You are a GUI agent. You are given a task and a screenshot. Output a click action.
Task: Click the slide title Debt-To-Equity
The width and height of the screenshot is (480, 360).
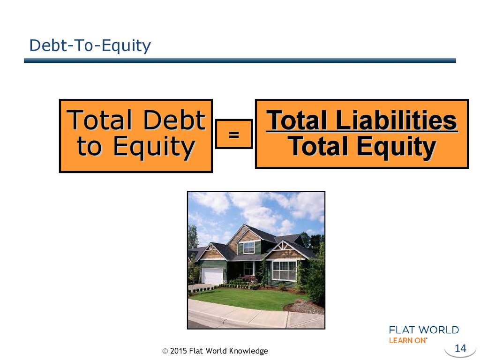click(90, 46)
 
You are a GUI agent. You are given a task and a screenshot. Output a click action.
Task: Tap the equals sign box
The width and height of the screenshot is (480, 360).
click(234, 134)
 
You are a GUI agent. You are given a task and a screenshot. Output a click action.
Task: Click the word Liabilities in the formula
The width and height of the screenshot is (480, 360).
click(396, 120)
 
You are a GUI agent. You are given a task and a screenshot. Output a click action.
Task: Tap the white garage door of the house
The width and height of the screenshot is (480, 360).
click(213, 276)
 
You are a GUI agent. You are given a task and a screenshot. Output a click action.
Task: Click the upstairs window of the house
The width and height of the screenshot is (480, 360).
click(249, 247)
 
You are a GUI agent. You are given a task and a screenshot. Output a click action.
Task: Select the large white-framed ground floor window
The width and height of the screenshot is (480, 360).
click(284, 270)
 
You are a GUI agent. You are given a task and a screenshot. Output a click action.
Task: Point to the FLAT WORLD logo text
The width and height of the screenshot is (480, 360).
click(424, 330)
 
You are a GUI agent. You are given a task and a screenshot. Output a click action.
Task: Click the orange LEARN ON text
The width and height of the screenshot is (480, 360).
click(407, 340)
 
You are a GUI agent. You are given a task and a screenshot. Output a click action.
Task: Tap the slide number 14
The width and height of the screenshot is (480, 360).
click(460, 348)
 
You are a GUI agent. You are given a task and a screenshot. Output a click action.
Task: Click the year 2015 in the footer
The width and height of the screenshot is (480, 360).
click(179, 351)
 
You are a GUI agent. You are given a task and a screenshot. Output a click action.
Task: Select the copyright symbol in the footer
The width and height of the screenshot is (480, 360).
click(165, 351)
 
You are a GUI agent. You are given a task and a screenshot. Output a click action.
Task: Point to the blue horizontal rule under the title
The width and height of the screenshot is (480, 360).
click(240, 60)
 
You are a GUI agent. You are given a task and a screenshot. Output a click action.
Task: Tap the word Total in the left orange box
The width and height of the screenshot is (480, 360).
click(99, 120)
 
